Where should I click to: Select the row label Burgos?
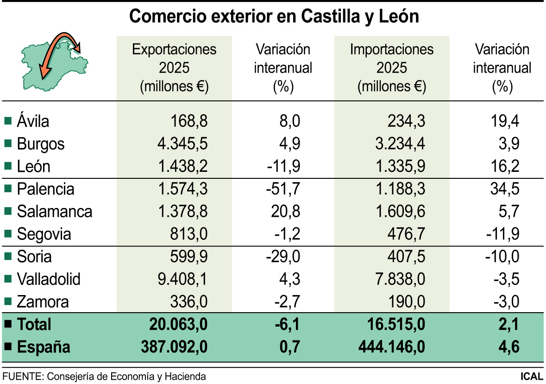click(x=41, y=144)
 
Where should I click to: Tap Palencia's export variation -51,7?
click(x=283, y=189)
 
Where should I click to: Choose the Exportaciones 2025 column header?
click(x=174, y=68)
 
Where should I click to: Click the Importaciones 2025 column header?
click(x=391, y=68)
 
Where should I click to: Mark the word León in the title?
click(x=397, y=17)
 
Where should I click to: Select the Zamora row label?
click(x=43, y=302)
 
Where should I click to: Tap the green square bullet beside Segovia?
click(x=7, y=234)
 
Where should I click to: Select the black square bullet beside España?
click(x=7, y=347)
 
